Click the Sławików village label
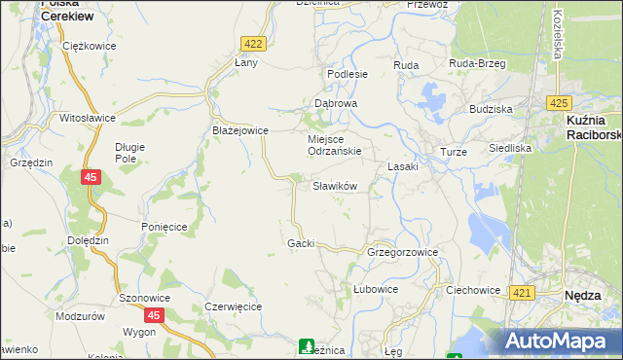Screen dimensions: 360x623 [x=335, y=186]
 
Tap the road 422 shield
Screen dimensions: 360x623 [x=253, y=44]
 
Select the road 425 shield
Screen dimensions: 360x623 [x=558, y=102]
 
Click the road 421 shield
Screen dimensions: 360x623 [x=522, y=293]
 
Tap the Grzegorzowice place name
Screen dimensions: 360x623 [x=402, y=252]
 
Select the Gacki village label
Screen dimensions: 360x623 [x=301, y=242]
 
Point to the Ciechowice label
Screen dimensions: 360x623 [x=472, y=290]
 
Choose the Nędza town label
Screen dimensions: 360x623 [x=587, y=293]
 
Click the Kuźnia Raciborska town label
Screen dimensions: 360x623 [x=593, y=127]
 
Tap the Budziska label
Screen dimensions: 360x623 [x=491, y=109]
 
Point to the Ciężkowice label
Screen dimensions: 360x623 [x=88, y=46]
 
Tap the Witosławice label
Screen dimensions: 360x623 [x=88, y=118]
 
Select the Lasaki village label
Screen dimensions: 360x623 [x=403, y=166]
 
